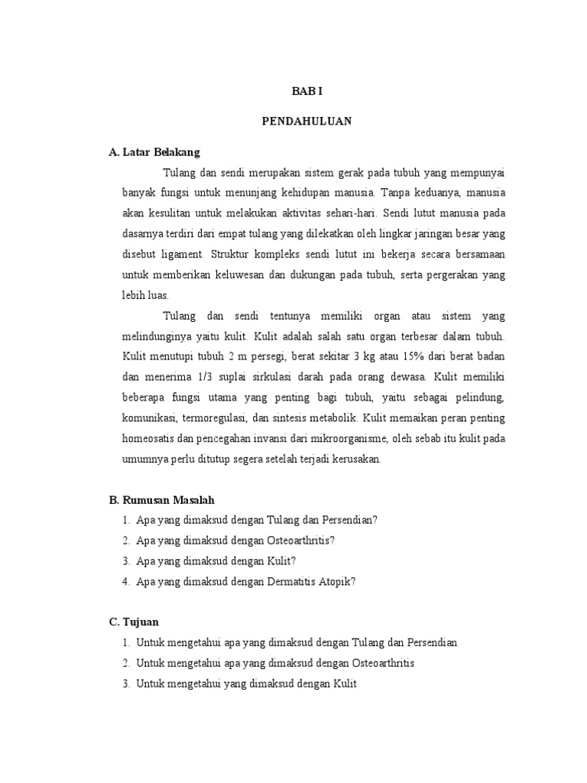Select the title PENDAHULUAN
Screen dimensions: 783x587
[306, 122]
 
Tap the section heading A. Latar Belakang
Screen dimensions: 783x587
[154, 152]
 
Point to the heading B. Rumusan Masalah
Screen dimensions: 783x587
[162, 499]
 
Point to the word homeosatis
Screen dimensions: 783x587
[149, 439]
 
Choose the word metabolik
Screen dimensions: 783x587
[333, 418]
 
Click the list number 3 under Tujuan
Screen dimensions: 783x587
[125, 684]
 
